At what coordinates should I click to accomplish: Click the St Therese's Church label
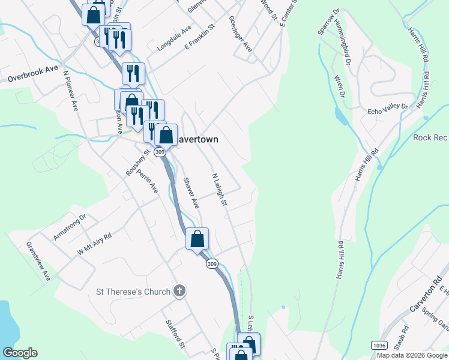click(133, 292)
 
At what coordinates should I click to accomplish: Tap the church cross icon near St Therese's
click(178, 292)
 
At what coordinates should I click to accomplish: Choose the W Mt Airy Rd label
click(94, 244)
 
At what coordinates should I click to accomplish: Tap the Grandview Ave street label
click(38, 262)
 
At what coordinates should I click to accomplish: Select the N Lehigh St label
click(219, 190)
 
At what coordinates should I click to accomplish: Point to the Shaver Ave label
click(191, 193)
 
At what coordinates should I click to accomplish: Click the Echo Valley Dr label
click(387, 110)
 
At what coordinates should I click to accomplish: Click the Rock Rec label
click(430, 137)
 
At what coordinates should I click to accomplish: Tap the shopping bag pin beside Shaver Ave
click(197, 239)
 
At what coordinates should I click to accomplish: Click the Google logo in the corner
click(20, 353)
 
